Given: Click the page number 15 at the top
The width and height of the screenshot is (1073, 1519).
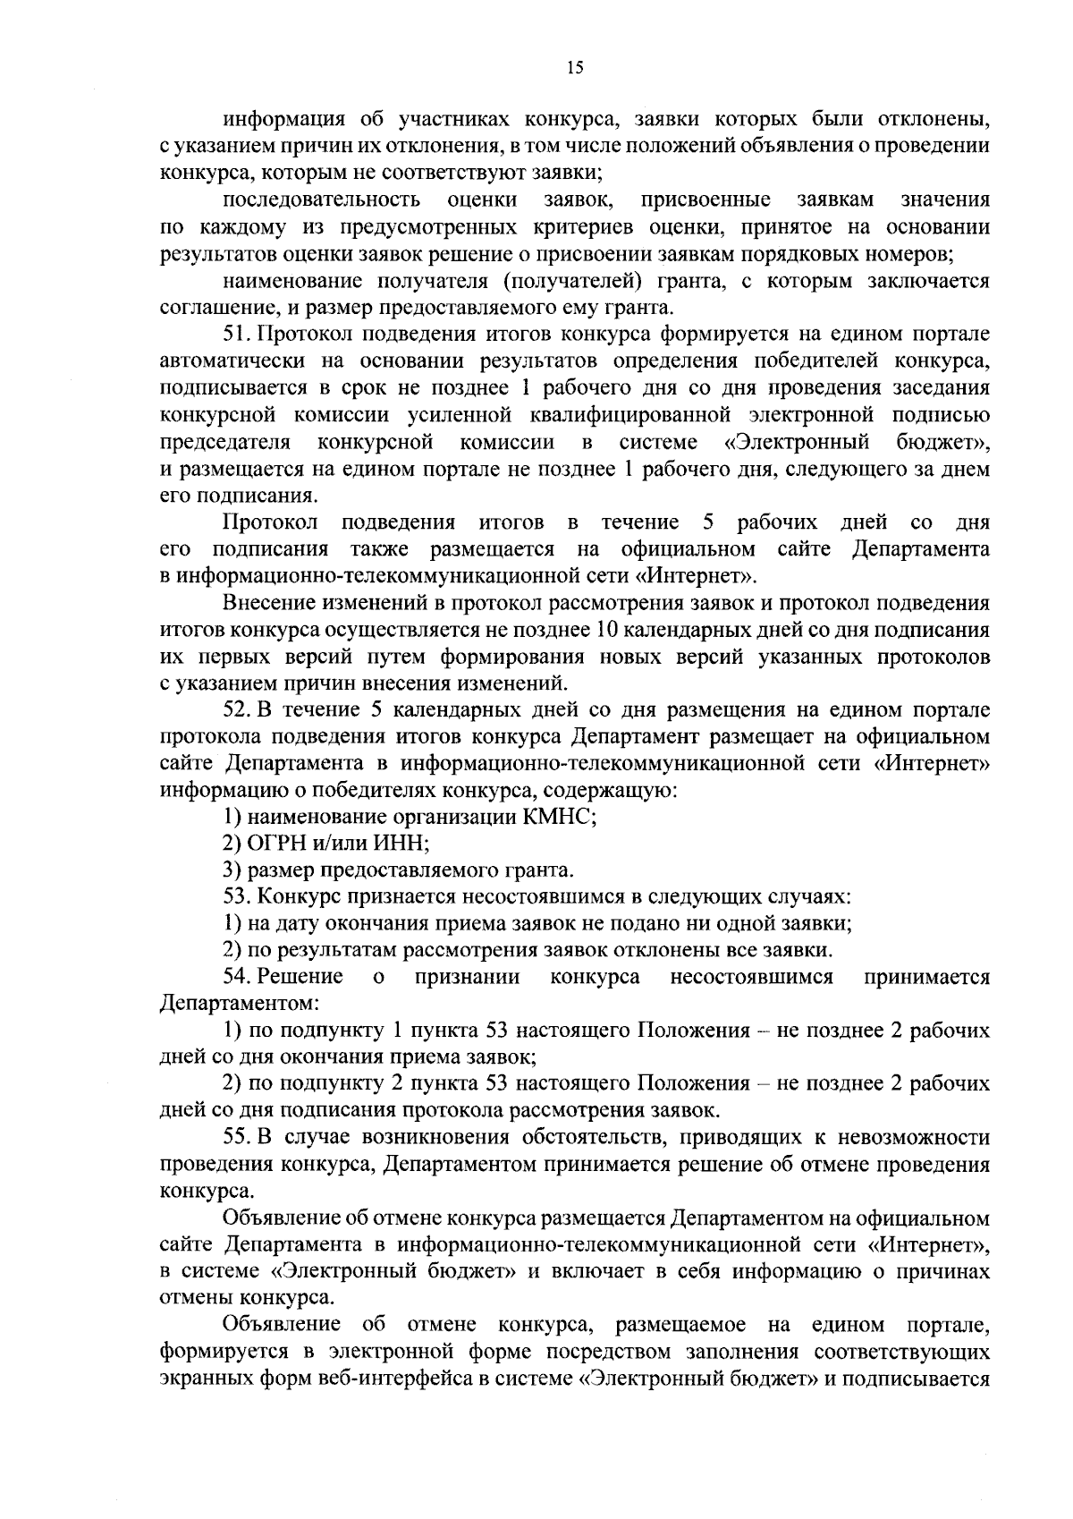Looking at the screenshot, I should (575, 67).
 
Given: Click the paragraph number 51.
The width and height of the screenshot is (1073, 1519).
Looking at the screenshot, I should (237, 335).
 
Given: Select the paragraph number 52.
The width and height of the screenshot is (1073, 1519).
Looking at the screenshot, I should (237, 710).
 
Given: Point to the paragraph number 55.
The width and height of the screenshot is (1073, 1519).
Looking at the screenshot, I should (237, 1138).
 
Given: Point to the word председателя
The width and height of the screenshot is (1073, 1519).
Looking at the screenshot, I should (224, 442).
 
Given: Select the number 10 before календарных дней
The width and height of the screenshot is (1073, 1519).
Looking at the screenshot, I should (604, 630).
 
